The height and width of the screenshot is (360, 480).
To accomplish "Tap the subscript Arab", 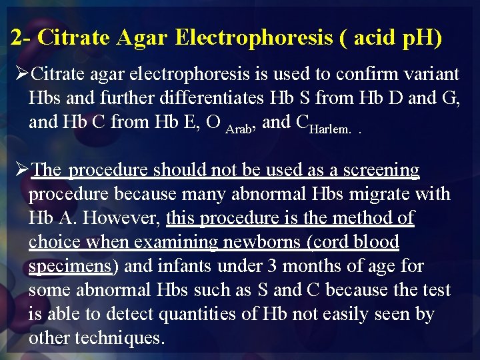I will click(x=238, y=127).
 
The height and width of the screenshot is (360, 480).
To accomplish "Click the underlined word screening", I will click(x=380, y=170).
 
